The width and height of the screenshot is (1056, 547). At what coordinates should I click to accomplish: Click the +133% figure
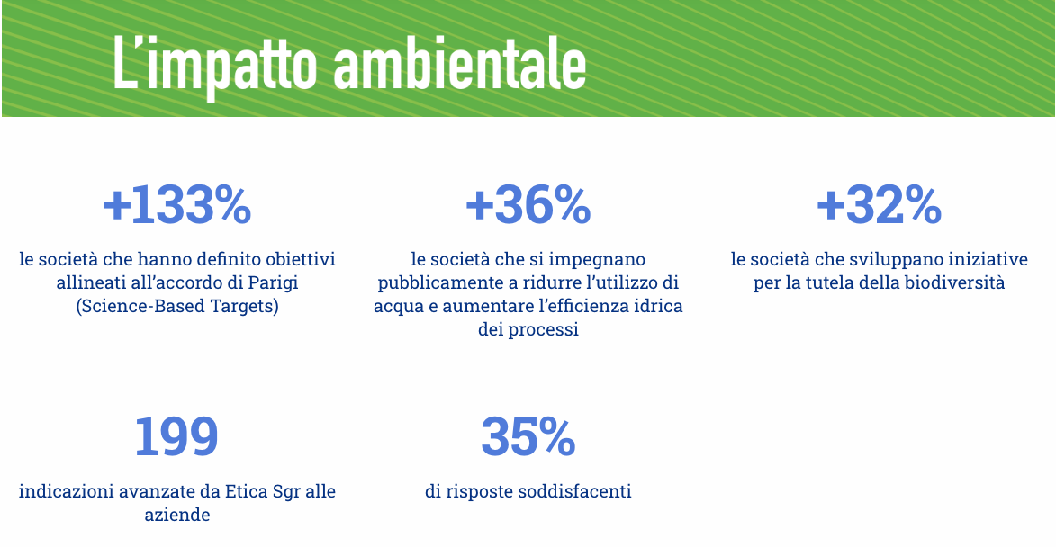coord(177,204)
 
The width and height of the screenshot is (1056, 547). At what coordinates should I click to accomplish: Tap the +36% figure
coord(528,204)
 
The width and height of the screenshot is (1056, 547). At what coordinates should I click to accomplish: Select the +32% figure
coord(879,204)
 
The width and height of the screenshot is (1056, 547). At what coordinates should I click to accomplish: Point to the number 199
coord(176,436)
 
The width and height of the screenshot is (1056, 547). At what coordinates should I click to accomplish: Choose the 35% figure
coord(528,436)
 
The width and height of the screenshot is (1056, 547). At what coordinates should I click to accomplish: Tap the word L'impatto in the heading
coord(215,66)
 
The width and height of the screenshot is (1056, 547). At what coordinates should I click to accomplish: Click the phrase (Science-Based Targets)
coord(177,306)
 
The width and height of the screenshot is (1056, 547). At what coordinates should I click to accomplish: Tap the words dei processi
coord(528,329)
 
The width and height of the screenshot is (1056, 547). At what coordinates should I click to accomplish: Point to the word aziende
coord(177,515)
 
